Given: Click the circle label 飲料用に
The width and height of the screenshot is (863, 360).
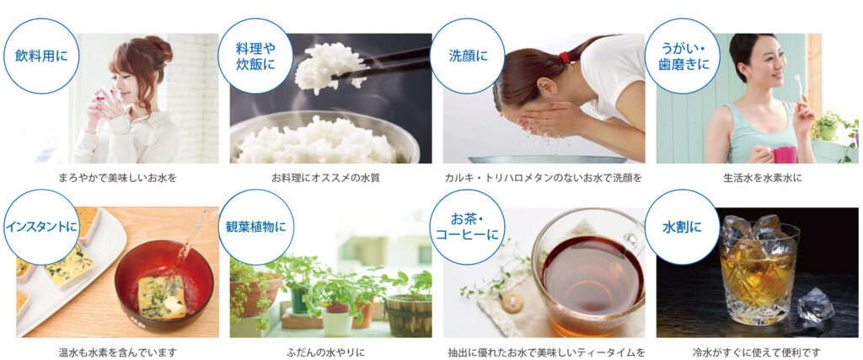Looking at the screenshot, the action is coord(41,56).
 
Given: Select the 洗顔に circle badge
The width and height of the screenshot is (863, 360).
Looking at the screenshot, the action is coord(468,56).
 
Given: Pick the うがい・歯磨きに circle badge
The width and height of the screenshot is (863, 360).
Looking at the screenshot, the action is coord(683,56).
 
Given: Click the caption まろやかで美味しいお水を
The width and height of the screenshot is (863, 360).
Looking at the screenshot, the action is coord(118,179).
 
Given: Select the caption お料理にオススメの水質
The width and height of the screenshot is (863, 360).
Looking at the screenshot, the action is coord(325,179).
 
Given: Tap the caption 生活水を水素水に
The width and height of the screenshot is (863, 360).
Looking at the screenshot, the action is coord(756,179).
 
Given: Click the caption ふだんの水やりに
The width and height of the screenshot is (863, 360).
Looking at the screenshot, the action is coord(325,352).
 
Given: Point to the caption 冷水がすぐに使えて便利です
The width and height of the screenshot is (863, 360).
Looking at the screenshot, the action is coord(757,352).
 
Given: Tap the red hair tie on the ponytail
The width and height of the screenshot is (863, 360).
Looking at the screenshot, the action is coord(564,57).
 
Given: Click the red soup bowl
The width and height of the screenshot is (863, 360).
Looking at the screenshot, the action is coord(164,287).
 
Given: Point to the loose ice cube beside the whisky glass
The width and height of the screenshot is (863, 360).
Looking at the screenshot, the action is coord(816,304).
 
